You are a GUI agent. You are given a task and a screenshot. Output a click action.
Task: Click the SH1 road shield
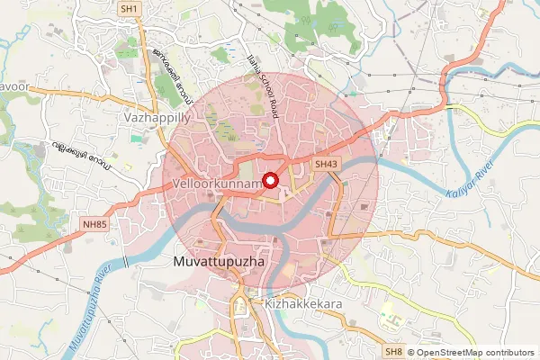(x=130, y=9)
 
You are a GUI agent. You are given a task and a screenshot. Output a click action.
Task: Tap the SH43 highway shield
(x=326, y=165)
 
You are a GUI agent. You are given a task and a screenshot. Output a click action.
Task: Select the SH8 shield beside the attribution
(x=393, y=352)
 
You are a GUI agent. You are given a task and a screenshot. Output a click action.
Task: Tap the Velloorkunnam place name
(x=215, y=184)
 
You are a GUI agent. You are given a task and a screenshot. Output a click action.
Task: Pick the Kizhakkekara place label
(x=304, y=305)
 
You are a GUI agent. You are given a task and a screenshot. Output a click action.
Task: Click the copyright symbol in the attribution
(x=410, y=353)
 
